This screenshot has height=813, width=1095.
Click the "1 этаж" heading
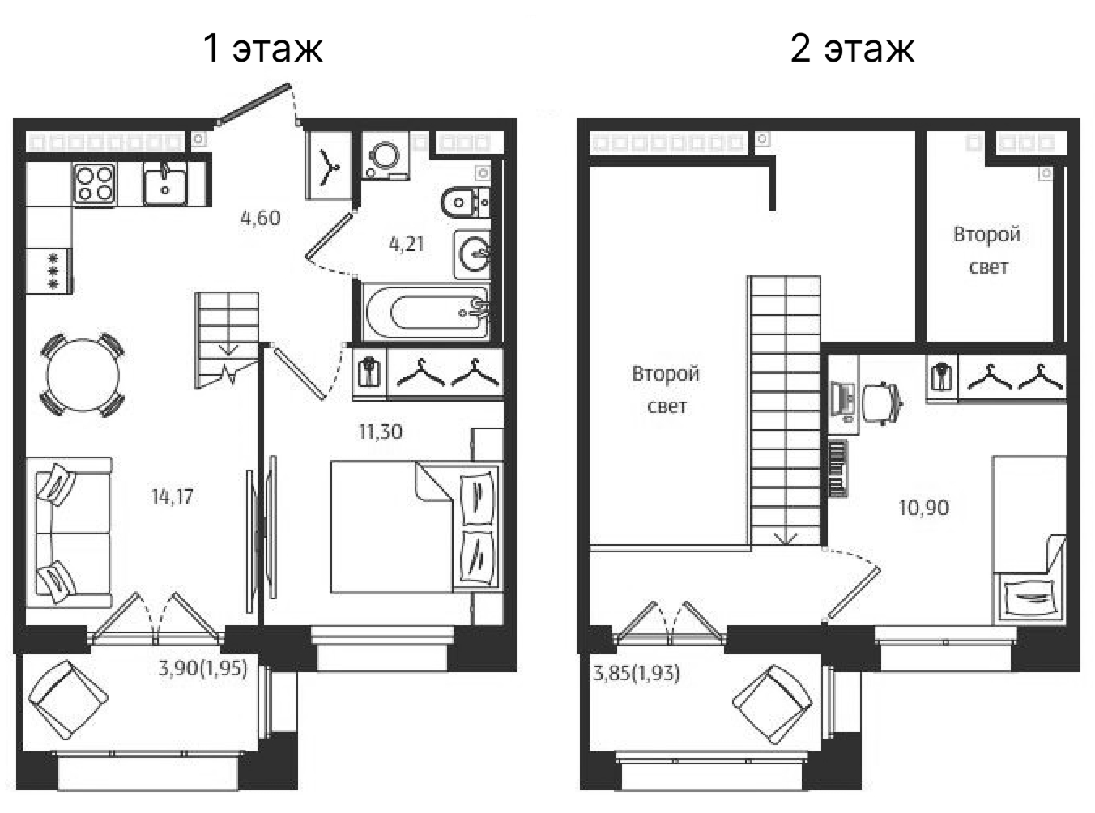[263, 48]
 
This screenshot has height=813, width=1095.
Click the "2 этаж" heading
[852, 48]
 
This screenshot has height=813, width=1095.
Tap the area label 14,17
[173, 496]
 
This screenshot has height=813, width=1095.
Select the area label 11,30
[381, 432]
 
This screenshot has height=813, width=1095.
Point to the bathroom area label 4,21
[407, 244]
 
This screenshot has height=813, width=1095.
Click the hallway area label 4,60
[261, 218]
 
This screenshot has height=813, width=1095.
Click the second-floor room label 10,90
[924, 508]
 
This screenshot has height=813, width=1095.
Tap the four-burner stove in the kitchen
[95, 183]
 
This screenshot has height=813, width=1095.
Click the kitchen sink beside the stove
[166, 183]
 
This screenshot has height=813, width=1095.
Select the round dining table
[83, 375]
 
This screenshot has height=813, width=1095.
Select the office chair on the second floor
[881, 402]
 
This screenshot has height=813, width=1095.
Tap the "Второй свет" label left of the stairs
[667, 389]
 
